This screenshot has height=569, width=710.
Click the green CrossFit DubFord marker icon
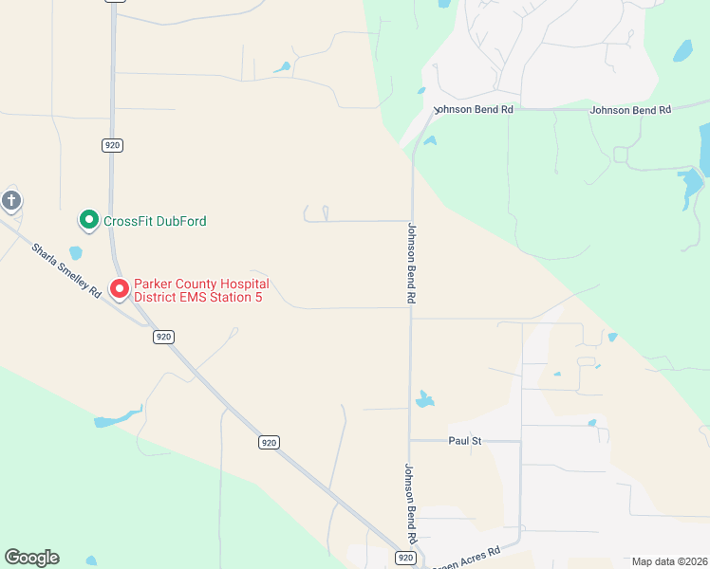click(88, 221)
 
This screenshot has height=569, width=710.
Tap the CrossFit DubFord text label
click(155, 221)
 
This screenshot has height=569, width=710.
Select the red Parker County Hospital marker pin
click(120, 288)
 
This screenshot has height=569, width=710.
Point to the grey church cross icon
click(10, 200)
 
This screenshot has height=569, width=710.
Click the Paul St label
click(465, 441)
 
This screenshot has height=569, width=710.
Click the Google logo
click(32, 558)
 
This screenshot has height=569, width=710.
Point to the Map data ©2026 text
click(669, 561)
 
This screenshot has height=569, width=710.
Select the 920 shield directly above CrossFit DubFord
click(113, 145)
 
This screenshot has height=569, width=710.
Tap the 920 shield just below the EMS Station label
click(164, 337)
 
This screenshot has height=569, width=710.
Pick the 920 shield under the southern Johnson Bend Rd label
click(406, 559)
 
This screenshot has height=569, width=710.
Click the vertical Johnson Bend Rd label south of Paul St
click(410, 502)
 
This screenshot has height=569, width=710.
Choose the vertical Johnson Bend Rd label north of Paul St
click(412, 263)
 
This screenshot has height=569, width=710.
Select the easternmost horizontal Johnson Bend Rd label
click(630, 110)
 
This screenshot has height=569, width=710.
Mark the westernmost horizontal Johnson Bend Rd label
click(473, 110)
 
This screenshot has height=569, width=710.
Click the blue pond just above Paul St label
click(424, 399)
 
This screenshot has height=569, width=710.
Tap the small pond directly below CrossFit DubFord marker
click(76, 253)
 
